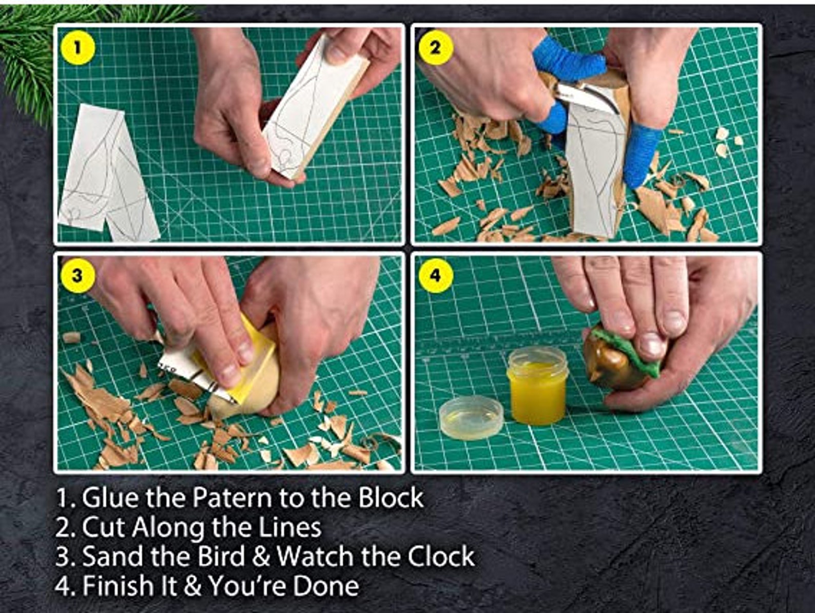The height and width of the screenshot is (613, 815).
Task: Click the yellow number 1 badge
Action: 77,48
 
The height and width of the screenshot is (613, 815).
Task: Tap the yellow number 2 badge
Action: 435,48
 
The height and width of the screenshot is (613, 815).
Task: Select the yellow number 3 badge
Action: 77,276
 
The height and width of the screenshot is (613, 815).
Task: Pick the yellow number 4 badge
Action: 435,276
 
